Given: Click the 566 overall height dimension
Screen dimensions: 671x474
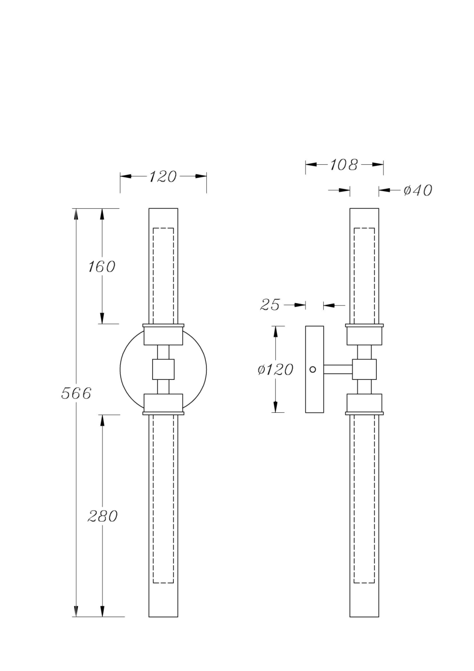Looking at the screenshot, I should click(76, 393).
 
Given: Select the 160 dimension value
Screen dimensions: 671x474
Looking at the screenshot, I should click(102, 267).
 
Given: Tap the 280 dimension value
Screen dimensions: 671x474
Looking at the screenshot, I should click(102, 516).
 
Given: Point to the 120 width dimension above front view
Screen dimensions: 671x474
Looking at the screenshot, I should click(162, 177).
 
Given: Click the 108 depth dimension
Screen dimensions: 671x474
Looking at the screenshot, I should click(344, 165).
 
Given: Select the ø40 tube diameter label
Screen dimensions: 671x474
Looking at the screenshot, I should click(417, 191).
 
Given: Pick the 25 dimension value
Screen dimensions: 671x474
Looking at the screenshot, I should click(270, 305).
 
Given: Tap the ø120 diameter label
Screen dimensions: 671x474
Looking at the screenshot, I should click(275, 370).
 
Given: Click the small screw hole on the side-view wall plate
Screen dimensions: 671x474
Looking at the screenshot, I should click(313, 369).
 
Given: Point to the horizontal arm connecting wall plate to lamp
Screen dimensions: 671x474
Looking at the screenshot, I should click(338, 369).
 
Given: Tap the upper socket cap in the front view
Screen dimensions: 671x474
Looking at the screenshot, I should click(163, 336).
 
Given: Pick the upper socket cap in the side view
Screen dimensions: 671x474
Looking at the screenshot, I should click(364, 336).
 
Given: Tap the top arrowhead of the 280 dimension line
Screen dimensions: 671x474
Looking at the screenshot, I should click(102, 420).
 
